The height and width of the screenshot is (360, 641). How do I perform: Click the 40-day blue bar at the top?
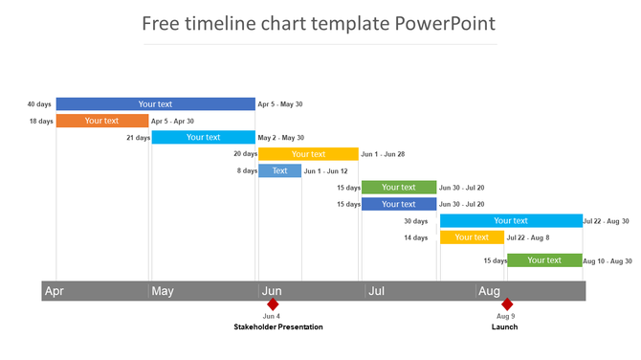155,104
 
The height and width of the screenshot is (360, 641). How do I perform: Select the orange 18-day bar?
101,121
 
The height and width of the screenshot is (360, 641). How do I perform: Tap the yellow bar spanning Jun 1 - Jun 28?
308,154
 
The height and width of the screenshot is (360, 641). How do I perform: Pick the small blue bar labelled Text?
279,170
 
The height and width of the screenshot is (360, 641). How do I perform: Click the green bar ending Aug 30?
544,260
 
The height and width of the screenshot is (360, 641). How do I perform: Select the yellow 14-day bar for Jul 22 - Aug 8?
472,237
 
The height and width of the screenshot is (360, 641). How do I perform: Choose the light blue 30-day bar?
511,221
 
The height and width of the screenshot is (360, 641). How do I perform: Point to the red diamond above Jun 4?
272,304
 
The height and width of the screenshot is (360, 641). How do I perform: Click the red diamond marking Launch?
506,304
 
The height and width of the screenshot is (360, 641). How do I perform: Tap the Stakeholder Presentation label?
278,327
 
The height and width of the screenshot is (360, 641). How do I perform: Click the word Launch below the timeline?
505,327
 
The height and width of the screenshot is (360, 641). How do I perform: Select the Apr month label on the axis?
55,291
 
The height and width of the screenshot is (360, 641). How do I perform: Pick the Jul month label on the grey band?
376,291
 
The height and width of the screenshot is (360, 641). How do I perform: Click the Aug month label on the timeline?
489,291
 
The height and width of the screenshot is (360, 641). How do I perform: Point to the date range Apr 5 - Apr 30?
173,122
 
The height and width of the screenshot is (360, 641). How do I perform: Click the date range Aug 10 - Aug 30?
607,260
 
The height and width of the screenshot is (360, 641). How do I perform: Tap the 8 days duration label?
247,170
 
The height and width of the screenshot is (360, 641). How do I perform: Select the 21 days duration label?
139,138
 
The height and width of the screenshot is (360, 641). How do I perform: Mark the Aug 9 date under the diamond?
506,316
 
